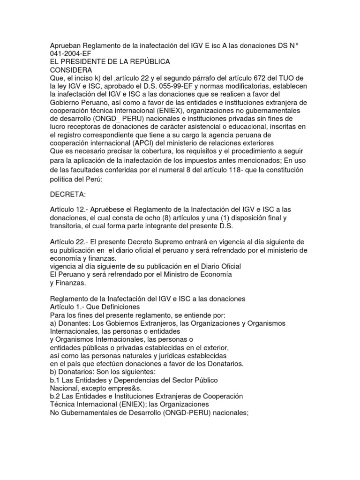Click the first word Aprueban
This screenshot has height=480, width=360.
tap(65, 45)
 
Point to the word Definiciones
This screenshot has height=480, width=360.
tap(120, 307)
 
